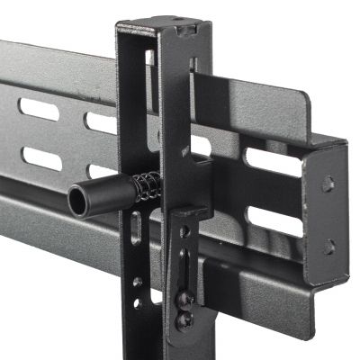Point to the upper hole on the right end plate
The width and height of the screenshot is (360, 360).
(328, 183)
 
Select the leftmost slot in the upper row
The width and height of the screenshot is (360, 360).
(38, 109)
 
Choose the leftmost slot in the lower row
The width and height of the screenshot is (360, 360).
(40, 158)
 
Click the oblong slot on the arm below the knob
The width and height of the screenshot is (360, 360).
(136, 228)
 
